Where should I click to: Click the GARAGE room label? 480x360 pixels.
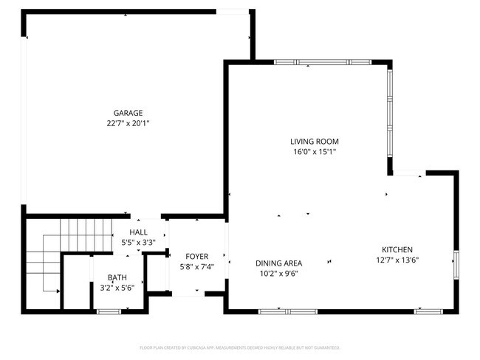point(128,113)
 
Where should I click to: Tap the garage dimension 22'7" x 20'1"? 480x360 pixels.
point(128,124)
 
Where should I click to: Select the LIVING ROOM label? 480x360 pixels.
point(314,141)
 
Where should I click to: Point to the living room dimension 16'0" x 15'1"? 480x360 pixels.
point(314,152)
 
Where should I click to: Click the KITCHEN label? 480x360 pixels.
point(397,249)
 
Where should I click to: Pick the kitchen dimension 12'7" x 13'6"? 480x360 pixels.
point(397,260)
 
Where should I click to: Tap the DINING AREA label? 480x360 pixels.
point(278,263)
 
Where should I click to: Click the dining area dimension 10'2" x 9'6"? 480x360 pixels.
point(278,273)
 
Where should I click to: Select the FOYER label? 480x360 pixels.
point(196,255)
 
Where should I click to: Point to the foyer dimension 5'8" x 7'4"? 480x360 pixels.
point(196,266)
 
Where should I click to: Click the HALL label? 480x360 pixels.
point(138,232)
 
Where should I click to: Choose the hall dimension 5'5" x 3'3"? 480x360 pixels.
point(138,242)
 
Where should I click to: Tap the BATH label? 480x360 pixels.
point(117,277)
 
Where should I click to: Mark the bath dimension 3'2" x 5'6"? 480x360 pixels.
point(117,288)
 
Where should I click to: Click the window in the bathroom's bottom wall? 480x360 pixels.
point(109,311)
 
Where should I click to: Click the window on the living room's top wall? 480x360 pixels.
point(322,63)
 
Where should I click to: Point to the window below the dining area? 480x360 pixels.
point(287,311)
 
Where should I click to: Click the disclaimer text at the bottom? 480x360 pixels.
point(239,347)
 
